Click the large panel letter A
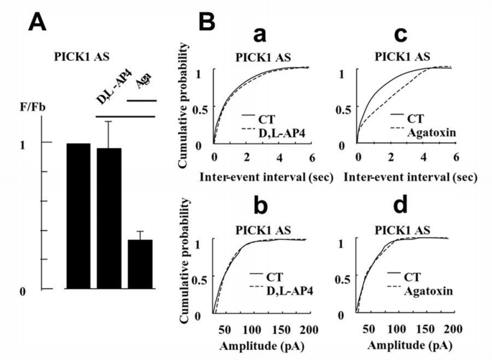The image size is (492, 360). pyautogui.click(x=40, y=23)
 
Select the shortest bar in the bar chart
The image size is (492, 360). pyautogui.click(x=140, y=264)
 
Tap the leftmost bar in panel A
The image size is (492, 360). pyautogui.click(x=78, y=216)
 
